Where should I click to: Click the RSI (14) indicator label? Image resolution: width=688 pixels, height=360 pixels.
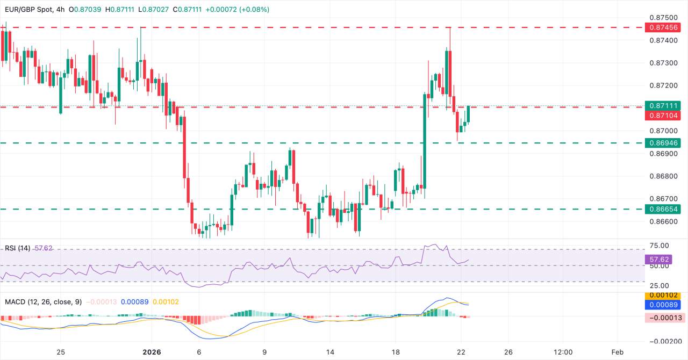pyautogui.click(x=18, y=248)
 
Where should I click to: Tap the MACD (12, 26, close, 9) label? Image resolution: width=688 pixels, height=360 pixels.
pyautogui.click(x=43, y=302)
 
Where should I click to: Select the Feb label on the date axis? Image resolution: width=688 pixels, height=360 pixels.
pyautogui.click(x=618, y=352)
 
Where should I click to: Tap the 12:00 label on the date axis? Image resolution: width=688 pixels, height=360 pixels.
pyautogui.click(x=563, y=352)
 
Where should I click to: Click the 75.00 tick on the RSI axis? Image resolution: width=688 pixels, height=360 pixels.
pyautogui.click(x=660, y=246)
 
